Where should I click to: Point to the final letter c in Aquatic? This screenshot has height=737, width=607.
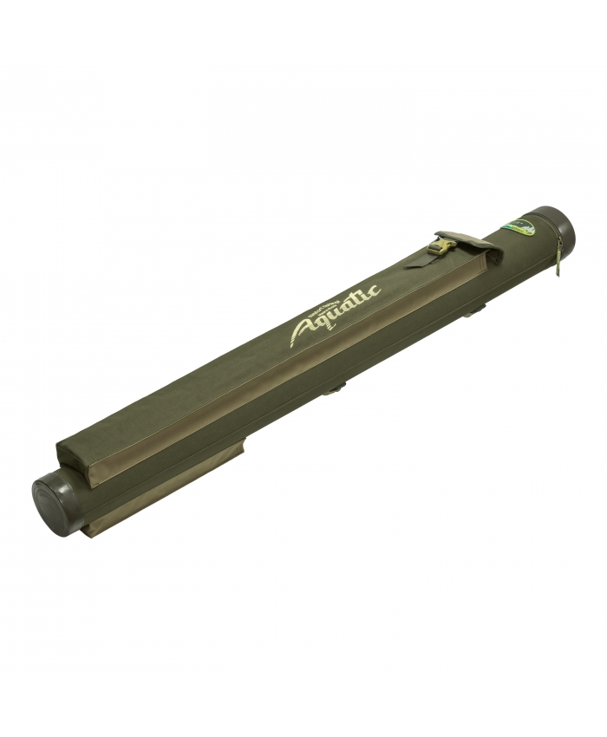[x=374, y=291]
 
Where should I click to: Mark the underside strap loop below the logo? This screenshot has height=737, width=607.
[x=334, y=390]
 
